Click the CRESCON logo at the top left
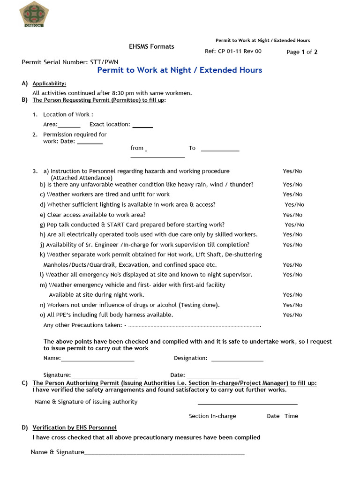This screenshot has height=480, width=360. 34,15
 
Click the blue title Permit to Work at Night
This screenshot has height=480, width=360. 180,70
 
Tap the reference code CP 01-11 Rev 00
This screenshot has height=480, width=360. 233,52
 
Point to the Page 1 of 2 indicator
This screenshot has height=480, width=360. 302,52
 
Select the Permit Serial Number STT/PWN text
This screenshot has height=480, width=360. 70,62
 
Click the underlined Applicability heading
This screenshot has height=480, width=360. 49,84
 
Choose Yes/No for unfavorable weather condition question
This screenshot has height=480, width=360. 292,185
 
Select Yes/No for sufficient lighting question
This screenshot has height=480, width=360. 294,205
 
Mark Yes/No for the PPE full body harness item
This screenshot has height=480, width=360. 292,315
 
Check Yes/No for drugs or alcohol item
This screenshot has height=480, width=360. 292,305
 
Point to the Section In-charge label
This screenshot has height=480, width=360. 212,416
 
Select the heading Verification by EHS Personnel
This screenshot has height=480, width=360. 75,428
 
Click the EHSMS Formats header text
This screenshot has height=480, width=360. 151,46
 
